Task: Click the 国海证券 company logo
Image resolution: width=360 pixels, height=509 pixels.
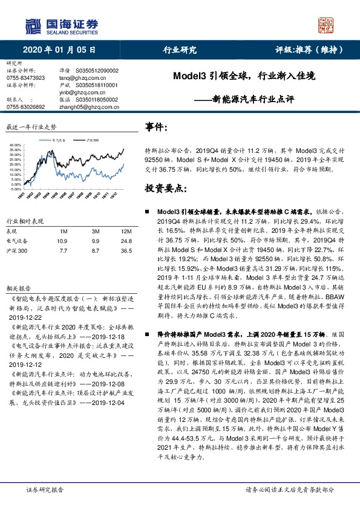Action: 61,25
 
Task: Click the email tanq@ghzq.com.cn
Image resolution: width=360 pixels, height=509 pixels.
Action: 80,78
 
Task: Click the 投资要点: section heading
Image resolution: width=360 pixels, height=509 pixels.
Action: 165,190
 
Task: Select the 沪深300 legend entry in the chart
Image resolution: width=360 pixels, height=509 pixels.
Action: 92,140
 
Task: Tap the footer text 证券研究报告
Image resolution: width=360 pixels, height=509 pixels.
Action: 45,490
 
